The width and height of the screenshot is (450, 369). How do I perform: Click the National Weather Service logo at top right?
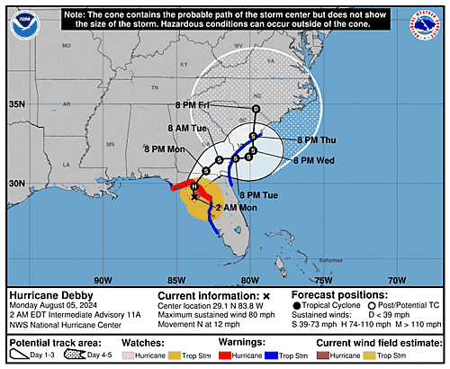[425, 24]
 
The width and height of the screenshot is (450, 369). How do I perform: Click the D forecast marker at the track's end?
[256, 109]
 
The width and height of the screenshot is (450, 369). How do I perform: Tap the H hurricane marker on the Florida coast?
[193, 186]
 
